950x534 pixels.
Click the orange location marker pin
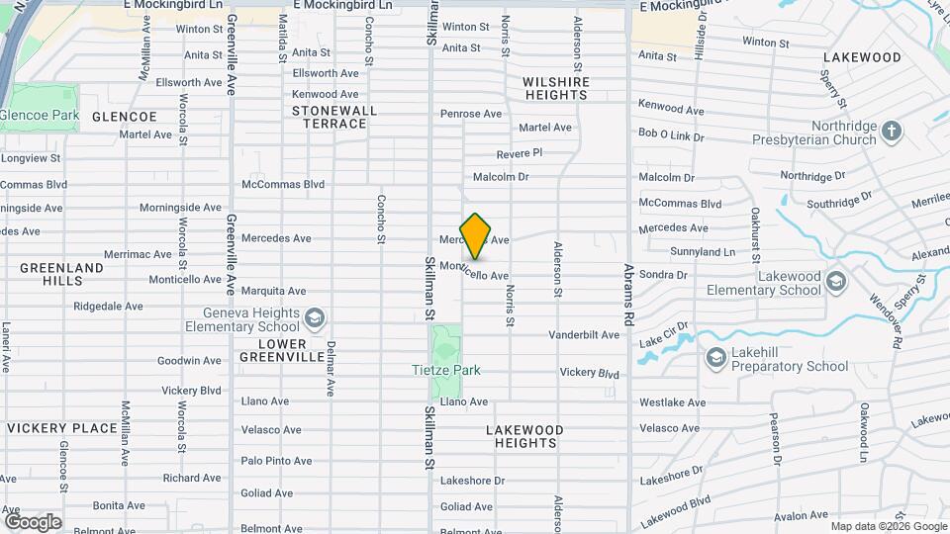tap(476, 235)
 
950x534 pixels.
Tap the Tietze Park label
tap(445, 370)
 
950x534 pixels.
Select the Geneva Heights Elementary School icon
tap(315, 317)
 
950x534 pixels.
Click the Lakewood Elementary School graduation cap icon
tap(836, 282)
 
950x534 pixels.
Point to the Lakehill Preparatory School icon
tap(715, 357)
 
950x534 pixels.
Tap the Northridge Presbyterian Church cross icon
tap(892, 131)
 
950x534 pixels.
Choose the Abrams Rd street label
tap(627, 295)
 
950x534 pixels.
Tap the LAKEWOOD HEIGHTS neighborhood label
tap(524, 436)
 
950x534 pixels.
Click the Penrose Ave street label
tap(473, 114)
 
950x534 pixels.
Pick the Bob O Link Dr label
tap(671, 134)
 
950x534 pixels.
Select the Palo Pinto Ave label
tap(276, 461)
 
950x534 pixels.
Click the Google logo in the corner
tap(33, 521)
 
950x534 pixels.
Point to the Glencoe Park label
tap(40, 116)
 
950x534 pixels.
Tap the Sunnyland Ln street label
tap(702, 252)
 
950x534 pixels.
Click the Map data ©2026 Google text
tap(888, 525)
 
